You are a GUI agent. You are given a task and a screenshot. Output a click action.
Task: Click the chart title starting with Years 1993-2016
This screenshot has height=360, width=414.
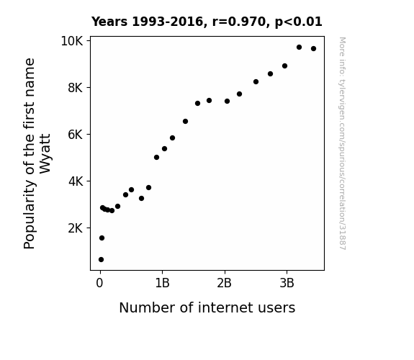tap(207, 22)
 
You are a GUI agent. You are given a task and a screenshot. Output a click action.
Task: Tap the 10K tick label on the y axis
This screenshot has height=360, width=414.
tap(72, 41)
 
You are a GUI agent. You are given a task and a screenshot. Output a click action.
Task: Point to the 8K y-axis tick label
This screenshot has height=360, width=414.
tap(76, 88)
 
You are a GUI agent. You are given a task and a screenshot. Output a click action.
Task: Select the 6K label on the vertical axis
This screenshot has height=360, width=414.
tap(76, 135)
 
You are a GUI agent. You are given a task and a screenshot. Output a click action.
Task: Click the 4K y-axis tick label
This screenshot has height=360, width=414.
tap(76, 181)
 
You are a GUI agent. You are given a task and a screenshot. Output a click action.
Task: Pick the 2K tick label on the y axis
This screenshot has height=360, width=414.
tap(76, 228)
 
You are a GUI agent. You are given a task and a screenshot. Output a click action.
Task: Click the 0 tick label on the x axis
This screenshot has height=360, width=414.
tap(99, 283)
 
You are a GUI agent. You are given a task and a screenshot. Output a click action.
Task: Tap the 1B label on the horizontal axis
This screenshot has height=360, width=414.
tap(162, 283)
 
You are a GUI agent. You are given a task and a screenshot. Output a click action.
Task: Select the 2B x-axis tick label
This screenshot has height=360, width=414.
tap(224, 283)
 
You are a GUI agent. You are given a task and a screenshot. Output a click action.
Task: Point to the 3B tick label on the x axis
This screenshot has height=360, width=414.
tap(287, 283)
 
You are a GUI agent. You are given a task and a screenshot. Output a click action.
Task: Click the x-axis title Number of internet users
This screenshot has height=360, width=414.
tap(207, 307)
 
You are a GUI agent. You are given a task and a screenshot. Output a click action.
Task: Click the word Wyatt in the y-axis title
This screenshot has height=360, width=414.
tap(45, 154)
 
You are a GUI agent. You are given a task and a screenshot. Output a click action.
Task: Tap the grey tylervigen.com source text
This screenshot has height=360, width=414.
tap(342, 143)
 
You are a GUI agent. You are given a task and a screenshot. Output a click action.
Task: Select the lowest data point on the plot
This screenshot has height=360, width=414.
tap(101, 260)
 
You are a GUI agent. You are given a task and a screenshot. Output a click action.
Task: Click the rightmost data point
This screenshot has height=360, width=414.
tap(313, 48)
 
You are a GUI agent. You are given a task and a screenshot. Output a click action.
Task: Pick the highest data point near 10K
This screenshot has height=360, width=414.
tap(299, 48)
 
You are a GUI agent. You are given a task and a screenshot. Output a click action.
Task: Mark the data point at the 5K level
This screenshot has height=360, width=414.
tap(156, 158)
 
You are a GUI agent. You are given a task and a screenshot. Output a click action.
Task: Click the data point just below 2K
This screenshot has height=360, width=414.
tap(102, 238)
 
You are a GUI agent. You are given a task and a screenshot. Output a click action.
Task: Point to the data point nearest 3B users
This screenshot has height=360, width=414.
tap(284, 66)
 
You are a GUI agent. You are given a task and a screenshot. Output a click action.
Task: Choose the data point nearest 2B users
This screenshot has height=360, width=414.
tap(227, 101)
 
